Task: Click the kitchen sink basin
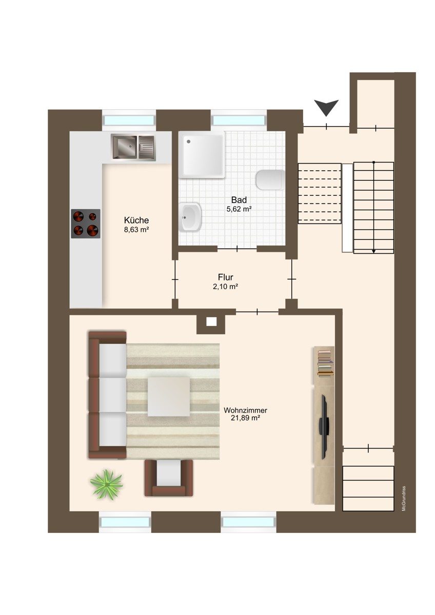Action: (x=125, y=146)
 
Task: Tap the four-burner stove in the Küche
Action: (x=85, y=223)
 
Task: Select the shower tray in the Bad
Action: (x=202, y=154)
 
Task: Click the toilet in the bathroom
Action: (x=270, y=180)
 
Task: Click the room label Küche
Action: (x=136, y=220)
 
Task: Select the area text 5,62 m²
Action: (x=239, y=209)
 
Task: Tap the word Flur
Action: (x=225, y=277)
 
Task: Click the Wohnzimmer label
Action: (x=245, y=410)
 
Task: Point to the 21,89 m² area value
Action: (x=245, y=419)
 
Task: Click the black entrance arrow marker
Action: (x=326, y=107)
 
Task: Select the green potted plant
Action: (x=107, y=484)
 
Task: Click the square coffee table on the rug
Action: (x=169, y=396)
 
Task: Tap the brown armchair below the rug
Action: (x=168, y=477)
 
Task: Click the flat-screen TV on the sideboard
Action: (x=324, y=426)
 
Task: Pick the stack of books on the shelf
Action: (x=324, y=363)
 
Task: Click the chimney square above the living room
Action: (x=211, y=322)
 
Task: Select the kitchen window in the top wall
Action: (x=129, y=120)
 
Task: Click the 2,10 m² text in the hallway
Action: (x=225, y=286)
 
